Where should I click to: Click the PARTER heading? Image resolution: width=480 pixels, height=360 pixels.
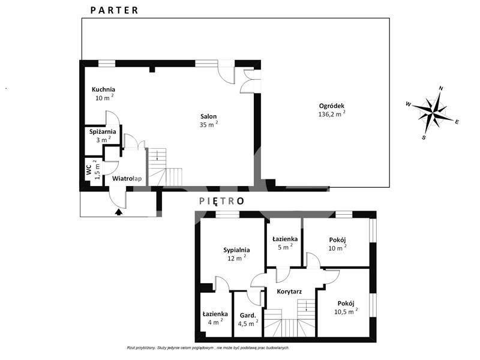114,10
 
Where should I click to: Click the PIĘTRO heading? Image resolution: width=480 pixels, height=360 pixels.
221,201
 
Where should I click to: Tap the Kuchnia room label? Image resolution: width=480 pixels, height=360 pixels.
103,89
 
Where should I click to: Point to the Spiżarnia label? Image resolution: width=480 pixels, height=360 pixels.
103,131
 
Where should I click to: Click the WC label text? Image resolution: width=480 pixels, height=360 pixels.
89,170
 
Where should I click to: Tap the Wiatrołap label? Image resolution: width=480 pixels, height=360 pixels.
127,178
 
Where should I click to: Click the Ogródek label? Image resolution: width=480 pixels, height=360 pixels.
332,106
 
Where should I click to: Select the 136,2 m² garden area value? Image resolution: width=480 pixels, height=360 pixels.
332,114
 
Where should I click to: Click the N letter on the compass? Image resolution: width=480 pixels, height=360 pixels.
441,89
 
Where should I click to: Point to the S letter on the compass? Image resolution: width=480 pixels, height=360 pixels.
424,137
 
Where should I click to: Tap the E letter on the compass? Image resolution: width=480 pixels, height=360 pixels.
457,122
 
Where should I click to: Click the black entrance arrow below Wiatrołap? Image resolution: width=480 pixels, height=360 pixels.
119,212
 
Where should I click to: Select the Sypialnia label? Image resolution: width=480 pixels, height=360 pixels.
236,250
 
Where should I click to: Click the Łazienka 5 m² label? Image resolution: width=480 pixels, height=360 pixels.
285,243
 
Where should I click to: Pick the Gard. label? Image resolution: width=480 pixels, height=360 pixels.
248,316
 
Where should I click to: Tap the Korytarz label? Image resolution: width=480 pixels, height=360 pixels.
289,292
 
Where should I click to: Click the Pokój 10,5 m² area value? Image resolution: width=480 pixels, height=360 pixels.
346,311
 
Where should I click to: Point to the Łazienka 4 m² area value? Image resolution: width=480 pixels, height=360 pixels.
215,322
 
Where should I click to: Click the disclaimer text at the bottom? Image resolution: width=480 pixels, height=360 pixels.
208,348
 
